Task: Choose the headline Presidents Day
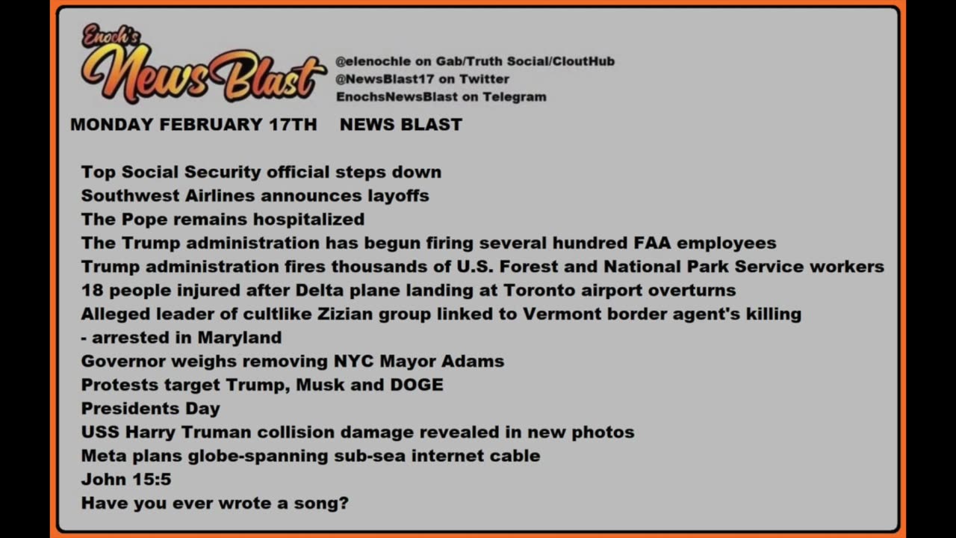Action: coord(150,409)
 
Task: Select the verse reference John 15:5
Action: coord(125,480)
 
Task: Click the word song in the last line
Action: coord(327,503)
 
